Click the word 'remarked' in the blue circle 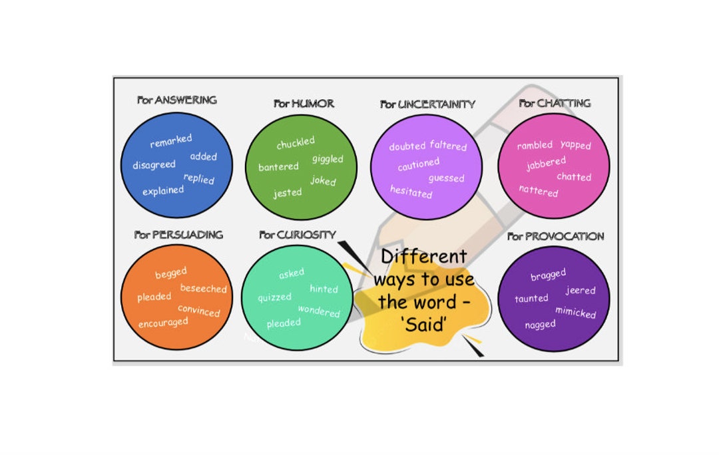171,141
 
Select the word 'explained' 163,190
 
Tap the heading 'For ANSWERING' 177,100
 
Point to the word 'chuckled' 296,143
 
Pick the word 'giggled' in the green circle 328,159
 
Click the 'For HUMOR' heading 304,104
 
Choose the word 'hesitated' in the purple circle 411,192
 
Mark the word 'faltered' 448,145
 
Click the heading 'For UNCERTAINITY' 427,104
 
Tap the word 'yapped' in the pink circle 575,144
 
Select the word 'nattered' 539,191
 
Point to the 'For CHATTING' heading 555,103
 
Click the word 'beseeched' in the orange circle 203,289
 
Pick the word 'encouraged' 163,323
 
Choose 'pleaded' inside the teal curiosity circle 284,323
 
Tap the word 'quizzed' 274,297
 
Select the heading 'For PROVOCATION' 555,236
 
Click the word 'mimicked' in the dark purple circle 575,312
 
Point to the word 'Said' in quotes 423,326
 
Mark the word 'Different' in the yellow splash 423,256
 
